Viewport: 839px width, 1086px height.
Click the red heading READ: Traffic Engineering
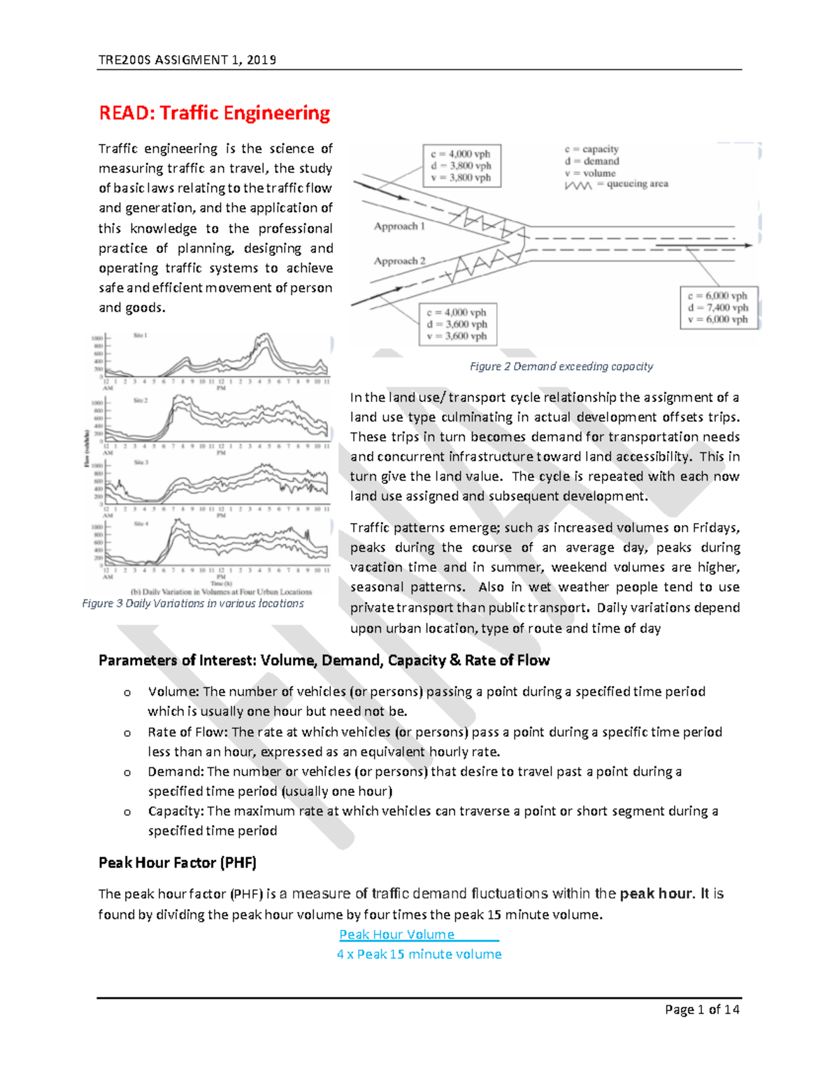(214, 113)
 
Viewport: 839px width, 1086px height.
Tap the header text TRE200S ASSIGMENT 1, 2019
(187, 60)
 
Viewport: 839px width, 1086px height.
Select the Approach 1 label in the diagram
(399, 227)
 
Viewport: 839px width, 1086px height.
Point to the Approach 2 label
(399, 261)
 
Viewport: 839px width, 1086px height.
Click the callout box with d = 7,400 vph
(718, 308)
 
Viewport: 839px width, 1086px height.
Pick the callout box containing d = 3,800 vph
(461, 166)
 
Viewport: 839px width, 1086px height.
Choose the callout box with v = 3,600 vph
(458, 324)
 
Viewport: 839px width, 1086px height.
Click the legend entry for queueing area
(616, 185)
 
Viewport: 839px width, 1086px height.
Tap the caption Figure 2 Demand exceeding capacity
(561, 366)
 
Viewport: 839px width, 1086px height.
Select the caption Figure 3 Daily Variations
(193, 603)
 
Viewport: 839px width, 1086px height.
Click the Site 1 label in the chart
(141, 336)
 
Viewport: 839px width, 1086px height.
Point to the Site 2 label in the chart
(141, 401)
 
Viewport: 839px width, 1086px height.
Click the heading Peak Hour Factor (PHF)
(178, 863)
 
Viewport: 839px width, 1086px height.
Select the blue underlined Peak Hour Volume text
(397, 935)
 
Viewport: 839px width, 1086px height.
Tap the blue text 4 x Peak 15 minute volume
(419, 955)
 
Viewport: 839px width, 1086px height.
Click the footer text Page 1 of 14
(702, 1010)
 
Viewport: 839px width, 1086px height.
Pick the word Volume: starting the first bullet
(173, 692)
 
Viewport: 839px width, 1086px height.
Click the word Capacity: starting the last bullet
(175, 811)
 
